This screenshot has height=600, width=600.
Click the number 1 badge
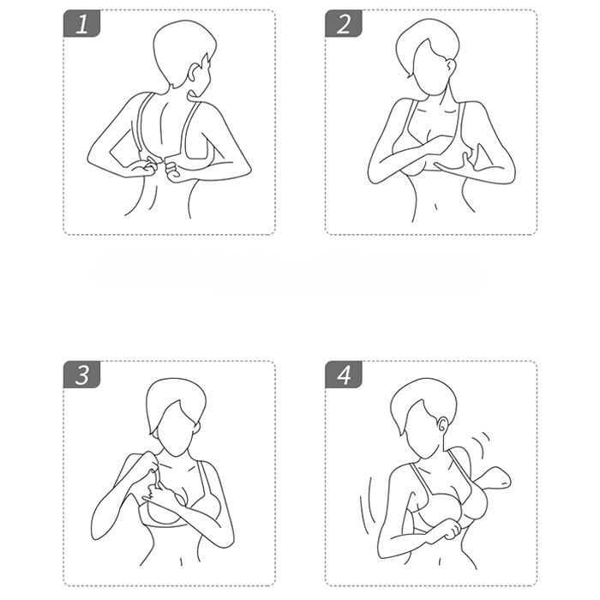[81, 24]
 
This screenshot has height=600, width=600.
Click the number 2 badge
[343, 24]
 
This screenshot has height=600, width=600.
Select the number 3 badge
[81, 375]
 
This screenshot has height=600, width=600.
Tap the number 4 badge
[343, 375]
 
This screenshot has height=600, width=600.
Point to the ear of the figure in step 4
[442, 423]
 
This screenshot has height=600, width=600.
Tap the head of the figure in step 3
[176, 417]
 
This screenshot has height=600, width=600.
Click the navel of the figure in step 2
[435, 207]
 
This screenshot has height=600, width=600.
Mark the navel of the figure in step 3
[181, 561]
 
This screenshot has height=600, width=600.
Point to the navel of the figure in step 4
[440, 561]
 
